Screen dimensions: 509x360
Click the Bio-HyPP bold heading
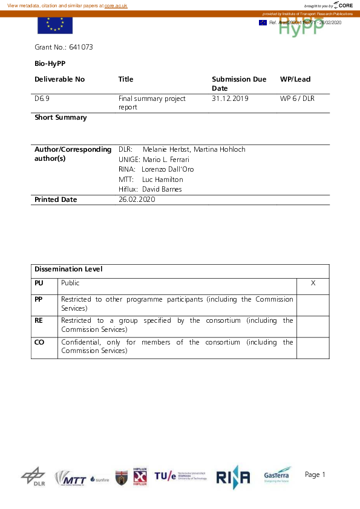(50, 63)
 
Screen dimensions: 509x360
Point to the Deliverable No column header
(60, 79)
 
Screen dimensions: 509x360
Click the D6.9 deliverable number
(42, 99)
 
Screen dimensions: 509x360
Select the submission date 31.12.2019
(230, 99)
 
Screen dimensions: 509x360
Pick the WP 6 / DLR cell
(297, 99)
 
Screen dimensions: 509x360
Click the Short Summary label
(61, 118)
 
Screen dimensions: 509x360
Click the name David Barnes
(162, 189)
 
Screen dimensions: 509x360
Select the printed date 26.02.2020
(137, 199)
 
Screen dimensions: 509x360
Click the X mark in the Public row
(313, 283)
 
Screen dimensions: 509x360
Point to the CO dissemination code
(39, 342)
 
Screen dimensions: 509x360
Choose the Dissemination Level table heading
(68, 269)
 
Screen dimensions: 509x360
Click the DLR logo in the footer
(33, 476)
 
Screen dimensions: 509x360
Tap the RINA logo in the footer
(233, 477)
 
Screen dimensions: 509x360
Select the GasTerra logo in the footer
(277, 475)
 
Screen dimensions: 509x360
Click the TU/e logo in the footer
(180, 477)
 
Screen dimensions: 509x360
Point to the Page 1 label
(315, 475)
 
